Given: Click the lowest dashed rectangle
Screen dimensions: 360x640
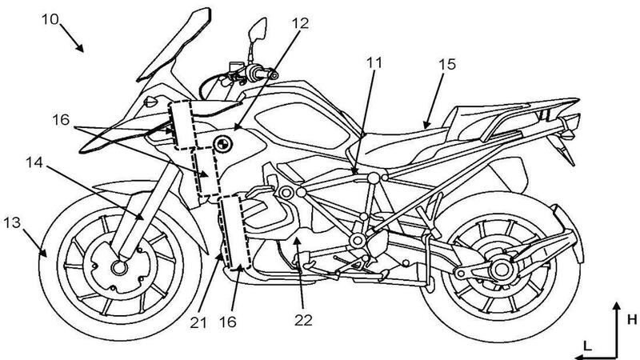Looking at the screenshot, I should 236,232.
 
